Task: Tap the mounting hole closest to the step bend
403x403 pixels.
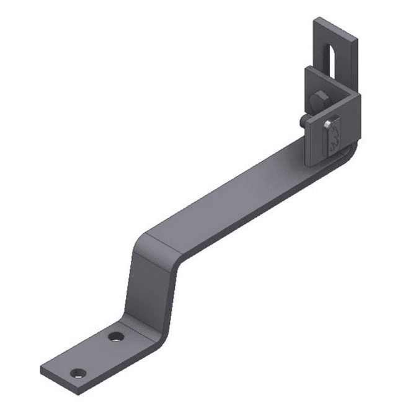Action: coord(115,337)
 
